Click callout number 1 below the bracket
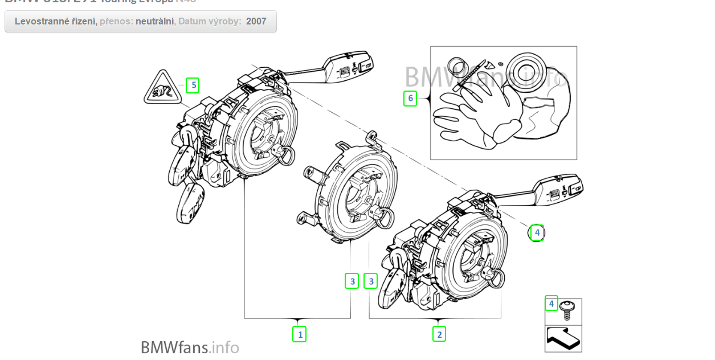pyautogui.click(x=300, y=334)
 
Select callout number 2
pyautogui.click(x=439, y=334)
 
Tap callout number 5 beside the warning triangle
pyautogui.click(x=193, y=85)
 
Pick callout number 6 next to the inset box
pyautogui.click(x=410, y=99)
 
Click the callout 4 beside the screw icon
pyautogui.click(x=551, y=304)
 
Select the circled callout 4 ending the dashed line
pyautogui.click(x=537, y=232)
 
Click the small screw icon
pyautogui.click(x=566, y=310)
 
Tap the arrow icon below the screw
pyautogui.click(x=563, y=338)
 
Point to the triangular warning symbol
pyautogui.click(x=162, y=88)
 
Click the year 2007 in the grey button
pyautogui.click(x=256, y=21)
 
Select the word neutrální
pyautogui.click(x=155, y=21)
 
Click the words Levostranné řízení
pyautogui.click(x=55, y=21)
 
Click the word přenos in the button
pyautogui.click(x=116, y=21)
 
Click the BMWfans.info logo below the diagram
pyautogui.click(x=190, y=347)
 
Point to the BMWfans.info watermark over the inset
pyautogui.click(x=485, y=77)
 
